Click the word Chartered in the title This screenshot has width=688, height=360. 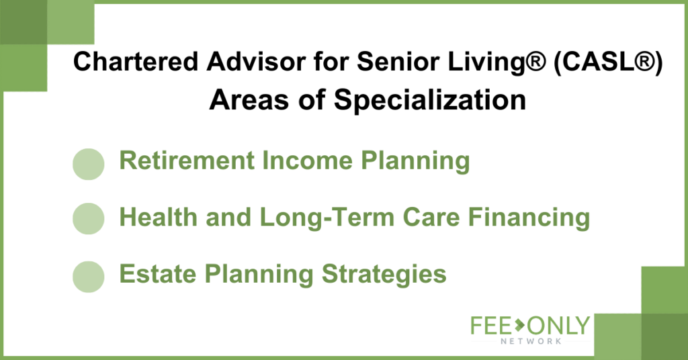(x=136, y=61)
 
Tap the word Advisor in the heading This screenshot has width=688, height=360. (x=256, y=61)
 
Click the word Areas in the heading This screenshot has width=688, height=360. (x=250, y=100)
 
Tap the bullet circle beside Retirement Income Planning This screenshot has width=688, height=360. (x=88, y=164)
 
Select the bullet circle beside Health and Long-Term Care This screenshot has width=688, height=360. (x=88, y=218)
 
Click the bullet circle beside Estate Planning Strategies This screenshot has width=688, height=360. (x=88, y=277)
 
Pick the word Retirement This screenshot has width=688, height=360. (x=187, y=160)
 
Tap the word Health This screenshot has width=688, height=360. (x=159, y=217)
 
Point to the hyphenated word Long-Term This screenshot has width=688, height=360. (x=327, y=218)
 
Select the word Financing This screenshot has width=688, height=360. (x=529, y=218)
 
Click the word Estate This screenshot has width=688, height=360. (x=158, y=274)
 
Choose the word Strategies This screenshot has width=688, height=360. (x=384, y=275)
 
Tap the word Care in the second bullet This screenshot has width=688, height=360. (x=431, y=217)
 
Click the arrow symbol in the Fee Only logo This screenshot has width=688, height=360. (x=519, y=325)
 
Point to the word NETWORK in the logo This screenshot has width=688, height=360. (x=531, y=341)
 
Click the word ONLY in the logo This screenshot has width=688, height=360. (x=558, y=325)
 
